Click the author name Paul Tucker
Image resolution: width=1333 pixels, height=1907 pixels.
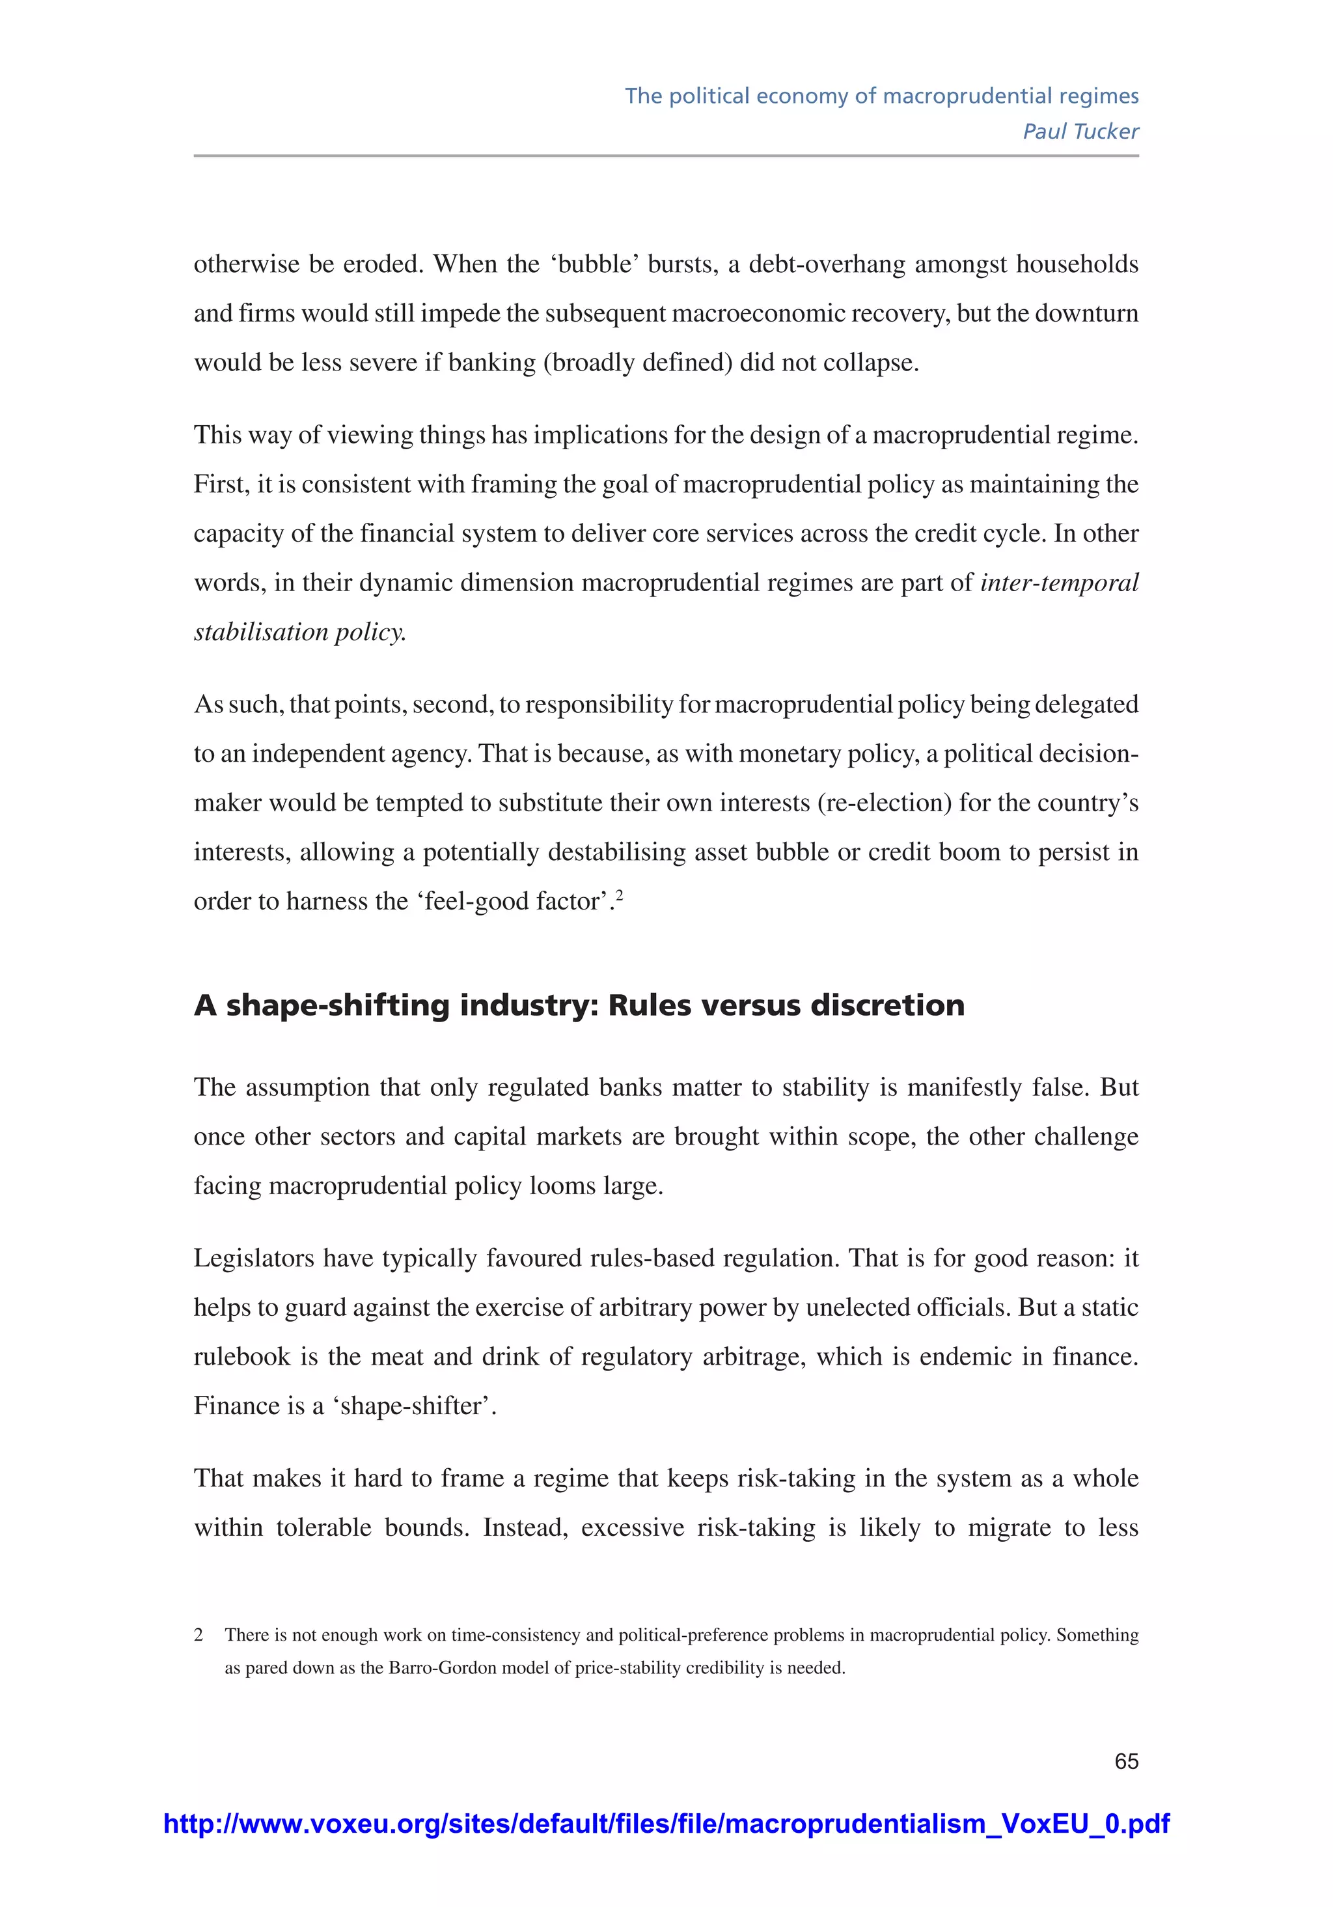[x=1080, y=132]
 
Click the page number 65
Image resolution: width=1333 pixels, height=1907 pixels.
[x=1125, y=1761]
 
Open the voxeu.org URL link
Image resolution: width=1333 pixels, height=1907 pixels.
[x=666, y=1823]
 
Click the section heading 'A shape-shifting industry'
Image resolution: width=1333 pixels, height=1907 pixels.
[x=579, y=1005]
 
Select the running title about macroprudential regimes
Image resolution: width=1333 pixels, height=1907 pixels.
[x=881, y=96]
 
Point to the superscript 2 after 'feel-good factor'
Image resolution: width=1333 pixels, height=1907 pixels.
[x=620, y=895]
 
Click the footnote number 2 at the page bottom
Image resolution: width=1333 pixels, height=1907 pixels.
[x=199, y=1635]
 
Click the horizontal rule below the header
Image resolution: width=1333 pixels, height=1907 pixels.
[x=666, y=156]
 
